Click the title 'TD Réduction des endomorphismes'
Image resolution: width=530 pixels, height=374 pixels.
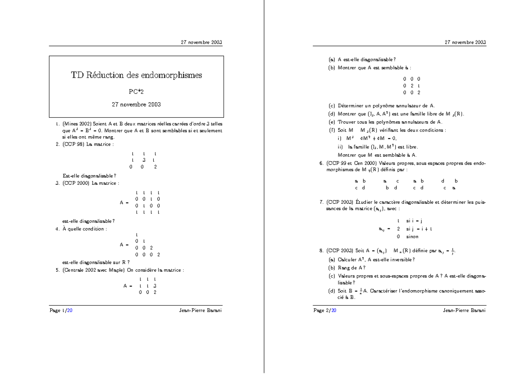[136, 75]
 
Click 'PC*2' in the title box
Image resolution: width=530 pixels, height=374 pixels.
[136, 92]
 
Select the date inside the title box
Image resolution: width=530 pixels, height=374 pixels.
[136, 105]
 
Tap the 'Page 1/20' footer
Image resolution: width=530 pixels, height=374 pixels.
[61, 310]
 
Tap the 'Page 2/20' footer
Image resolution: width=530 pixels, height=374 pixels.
[325, 310]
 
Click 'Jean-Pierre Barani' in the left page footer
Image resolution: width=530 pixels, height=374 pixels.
[201, 310]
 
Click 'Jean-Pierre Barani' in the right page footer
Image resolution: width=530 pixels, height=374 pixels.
[464, 310]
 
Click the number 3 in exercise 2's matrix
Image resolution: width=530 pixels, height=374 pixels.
[144, 160]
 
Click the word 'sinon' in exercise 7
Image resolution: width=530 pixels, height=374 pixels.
[412, 236]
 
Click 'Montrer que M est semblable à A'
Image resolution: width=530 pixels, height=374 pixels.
[377, 155]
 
